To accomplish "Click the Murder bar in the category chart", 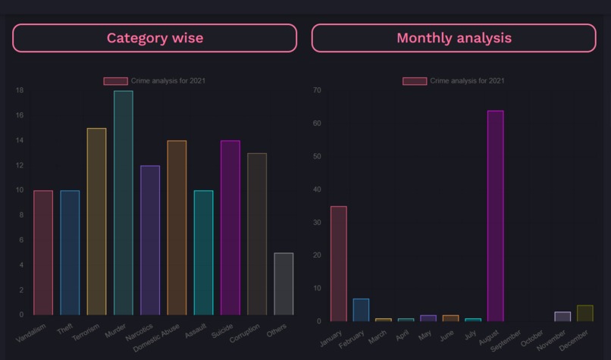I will (x=124, y=202).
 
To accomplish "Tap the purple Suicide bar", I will (x=230, y=227).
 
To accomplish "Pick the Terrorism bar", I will (x=97, y=221).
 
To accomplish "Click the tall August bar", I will (x=495, y=216).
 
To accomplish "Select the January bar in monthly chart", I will (x=339, y=264).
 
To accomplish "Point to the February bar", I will (x=361, y=310).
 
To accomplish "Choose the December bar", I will (x=584, y=313).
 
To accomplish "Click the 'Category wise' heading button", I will (x=155, y=38).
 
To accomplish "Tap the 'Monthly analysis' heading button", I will (x=453, y=38).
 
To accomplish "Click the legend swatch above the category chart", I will (x=115, y=81).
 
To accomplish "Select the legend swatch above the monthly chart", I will (x=415, y=81).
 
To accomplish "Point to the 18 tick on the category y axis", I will (x=20, y=91).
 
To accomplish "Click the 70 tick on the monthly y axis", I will (x=317, y=90).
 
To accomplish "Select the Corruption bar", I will (x=257, y=234).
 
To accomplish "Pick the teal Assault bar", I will (x=203, y=252).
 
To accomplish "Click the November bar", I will (x=562, y=316).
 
